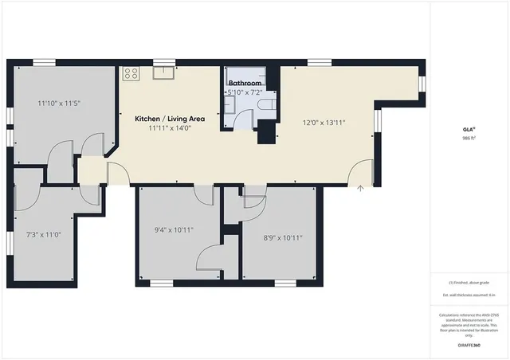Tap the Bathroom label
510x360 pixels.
[x=245, y=83]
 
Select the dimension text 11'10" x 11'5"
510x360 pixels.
[x=60, y=103]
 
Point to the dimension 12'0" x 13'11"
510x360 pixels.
[x=323, y=123]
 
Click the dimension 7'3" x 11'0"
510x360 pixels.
[x=43, y=235]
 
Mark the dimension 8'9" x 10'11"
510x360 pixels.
[x=282, y=237]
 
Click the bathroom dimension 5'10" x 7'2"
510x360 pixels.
[x=245, y=92]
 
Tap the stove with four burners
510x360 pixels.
[x=131, y=73]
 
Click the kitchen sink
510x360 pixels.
[x=163, y=73]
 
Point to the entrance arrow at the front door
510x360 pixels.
[x=361, y=188]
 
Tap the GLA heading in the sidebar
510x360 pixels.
[x=469, y=128]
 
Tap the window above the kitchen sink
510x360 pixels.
[x=164, y=61]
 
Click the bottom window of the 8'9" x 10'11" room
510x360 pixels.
[x=285, y=283]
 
